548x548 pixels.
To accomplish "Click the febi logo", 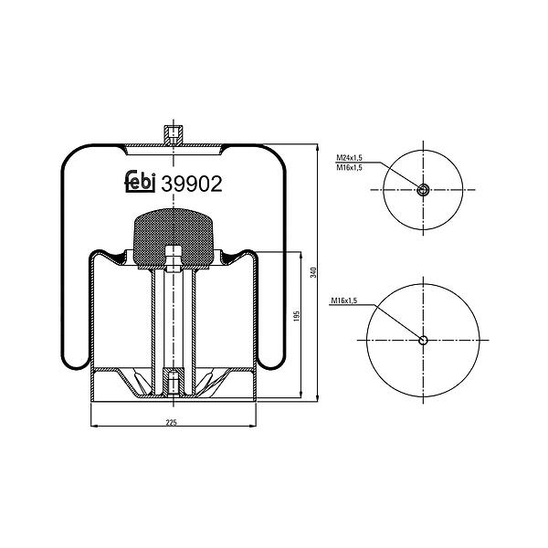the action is click(x=140, y=182).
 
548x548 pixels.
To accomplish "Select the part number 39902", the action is click(x=192, y=184).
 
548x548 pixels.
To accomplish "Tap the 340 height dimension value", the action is click(x=313, y=272).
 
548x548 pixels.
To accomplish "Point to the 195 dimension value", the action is click(x=297, y=316).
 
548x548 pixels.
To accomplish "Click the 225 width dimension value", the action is click(x=172, y=423).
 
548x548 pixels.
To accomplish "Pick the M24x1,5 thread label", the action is click(x=349, y=158).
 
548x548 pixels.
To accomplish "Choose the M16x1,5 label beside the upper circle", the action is click(x=349, y=168).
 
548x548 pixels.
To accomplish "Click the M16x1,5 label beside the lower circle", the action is click(x=344, y=300).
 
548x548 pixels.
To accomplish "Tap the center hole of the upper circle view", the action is click(x=423, y=190).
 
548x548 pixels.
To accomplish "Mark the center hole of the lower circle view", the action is click(x=423, y=340).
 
